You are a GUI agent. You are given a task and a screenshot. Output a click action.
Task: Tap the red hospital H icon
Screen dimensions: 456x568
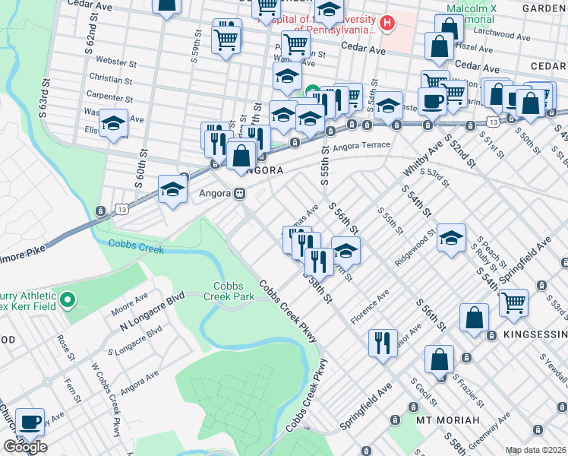click(388, 24)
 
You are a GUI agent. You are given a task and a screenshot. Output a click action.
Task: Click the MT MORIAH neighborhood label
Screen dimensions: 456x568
click(447, 420)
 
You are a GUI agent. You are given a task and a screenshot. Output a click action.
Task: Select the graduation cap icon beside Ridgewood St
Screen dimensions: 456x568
click(451, 237)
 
